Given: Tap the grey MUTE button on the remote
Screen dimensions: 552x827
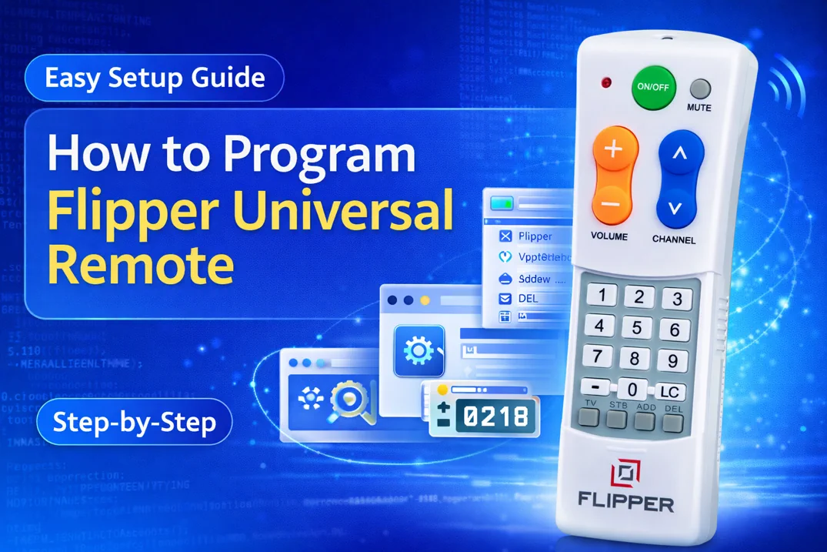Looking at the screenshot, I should [700, 89].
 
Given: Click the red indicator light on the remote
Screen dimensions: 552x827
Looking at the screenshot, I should [606, 82].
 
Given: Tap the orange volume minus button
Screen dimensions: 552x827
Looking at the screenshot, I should [612, 206].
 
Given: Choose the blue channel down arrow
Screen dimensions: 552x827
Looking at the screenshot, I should [675, 207].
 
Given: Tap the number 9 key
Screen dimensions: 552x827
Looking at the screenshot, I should [673, 360].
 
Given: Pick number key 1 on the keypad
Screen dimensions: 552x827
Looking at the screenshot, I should [602, 295].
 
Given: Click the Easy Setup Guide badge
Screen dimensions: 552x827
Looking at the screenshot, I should [155, 78].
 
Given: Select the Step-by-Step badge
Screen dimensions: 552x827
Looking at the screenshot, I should [135, 422].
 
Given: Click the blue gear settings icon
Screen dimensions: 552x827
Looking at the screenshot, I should [419, 351].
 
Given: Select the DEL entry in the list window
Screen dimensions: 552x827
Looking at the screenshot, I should [528, 298].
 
